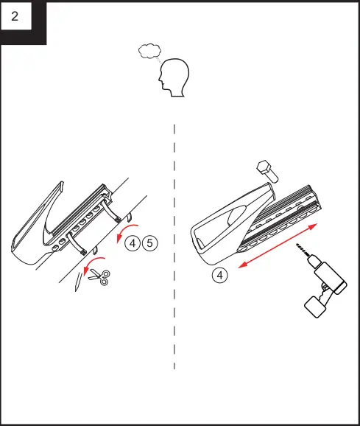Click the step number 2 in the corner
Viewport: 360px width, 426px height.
tap(16, 17)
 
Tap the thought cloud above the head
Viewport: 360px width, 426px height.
tap(150, 51)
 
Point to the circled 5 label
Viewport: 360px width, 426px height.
tap(149, 242)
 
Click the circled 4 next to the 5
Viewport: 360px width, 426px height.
tap(132, 242)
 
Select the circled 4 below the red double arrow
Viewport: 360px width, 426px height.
tap(219, 276)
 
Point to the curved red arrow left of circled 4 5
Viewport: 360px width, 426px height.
tap(122, 230)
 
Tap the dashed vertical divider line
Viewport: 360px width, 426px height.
tap(174, 295)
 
